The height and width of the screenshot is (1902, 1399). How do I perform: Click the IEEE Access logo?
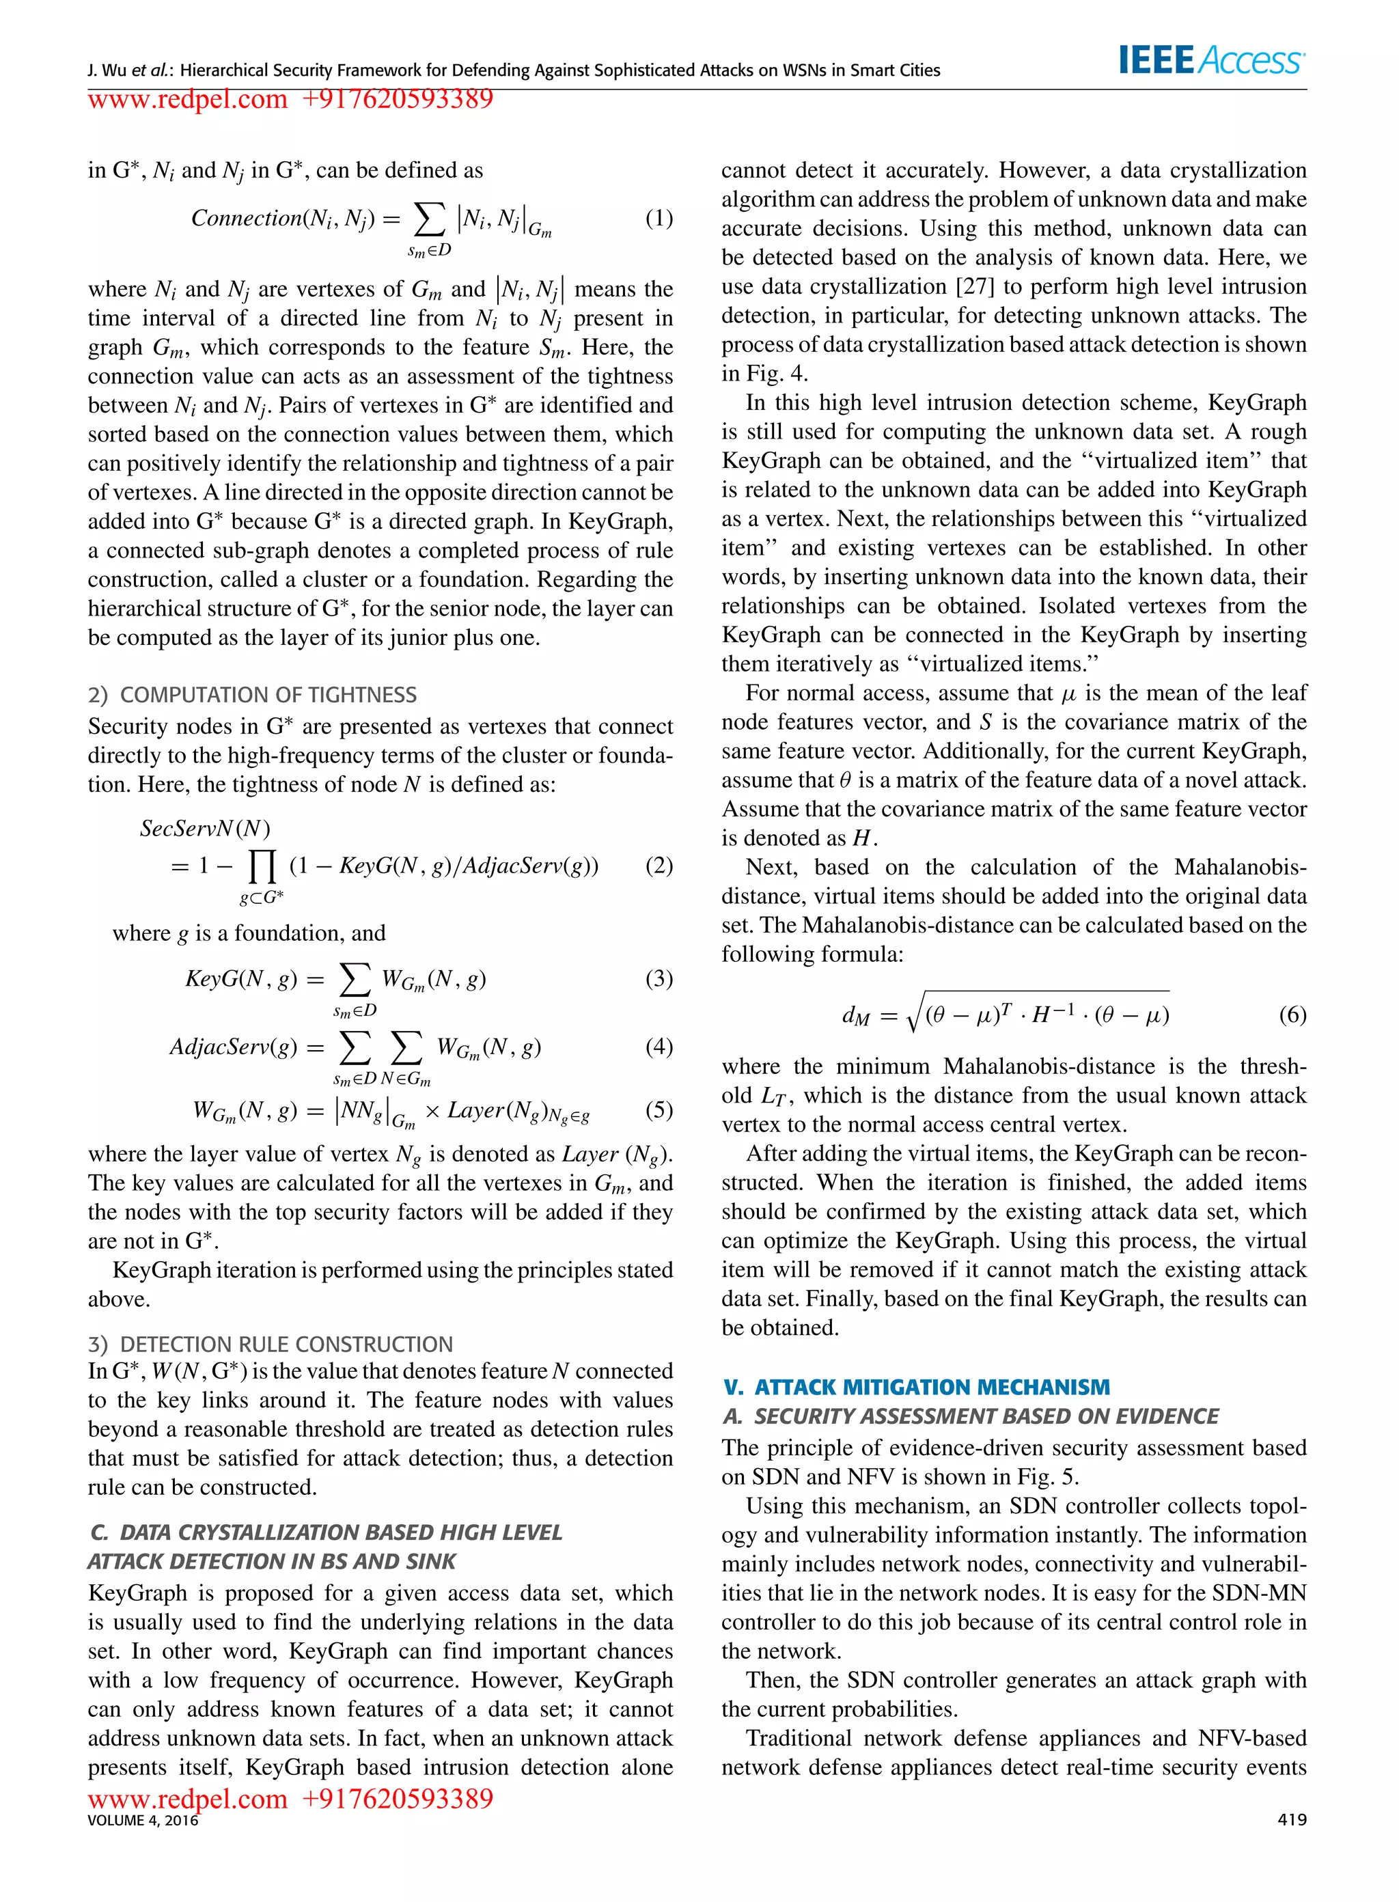coord(1212,60)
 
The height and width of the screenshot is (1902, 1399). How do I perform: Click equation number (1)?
coord(659,219)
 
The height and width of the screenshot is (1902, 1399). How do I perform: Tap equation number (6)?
coord(1292,1014)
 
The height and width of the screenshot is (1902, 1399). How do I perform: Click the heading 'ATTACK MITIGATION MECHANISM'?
coord(930,1387)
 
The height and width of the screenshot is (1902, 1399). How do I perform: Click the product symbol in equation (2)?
coord(262,866)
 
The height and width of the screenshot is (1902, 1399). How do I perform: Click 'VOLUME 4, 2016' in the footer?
coord(142,1820)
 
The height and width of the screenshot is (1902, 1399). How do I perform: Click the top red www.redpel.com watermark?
coord(187,99)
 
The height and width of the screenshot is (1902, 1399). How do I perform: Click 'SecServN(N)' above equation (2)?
coord(205,827)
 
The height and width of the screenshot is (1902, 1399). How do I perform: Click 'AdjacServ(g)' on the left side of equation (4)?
coord(234,1047)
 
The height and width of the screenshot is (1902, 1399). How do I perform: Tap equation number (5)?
coord(659,1109)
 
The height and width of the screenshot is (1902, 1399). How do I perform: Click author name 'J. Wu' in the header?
coord(107,70)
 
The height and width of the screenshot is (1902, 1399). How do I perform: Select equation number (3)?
coord(659,978)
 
